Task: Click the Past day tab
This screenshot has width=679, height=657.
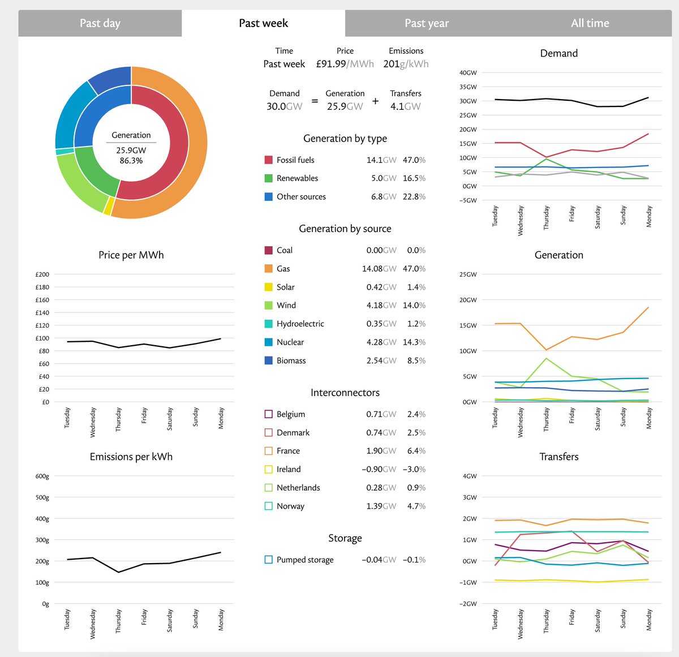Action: pyautogui.click(x=100, y=23)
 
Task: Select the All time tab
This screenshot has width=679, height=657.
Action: pyautogui.click(x=590, y=23)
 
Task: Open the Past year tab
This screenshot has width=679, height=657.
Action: pyautogui.click(x=427, y=23)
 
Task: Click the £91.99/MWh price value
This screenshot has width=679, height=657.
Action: pyautogui.click(x=345, y=64)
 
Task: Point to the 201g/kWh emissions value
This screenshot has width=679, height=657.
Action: pyautogui.click(x=406, y=64)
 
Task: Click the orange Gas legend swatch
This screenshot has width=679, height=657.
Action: pyautogui.click(x=269, y=269)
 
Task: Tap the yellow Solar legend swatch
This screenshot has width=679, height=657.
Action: pyautogui.click(x=269, y=287)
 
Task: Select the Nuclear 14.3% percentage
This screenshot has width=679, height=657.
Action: pyautogui.click(x=416, y=342)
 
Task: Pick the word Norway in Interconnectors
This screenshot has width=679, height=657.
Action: pyautogui.click(x=290, y=506)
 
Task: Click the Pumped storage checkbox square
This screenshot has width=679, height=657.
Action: pyautogui.click(x=269, y=560)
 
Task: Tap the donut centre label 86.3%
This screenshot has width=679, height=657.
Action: pyautogui.click(x=131, y=161)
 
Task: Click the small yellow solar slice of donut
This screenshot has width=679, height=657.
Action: pyautogui.click(x=108, y=207)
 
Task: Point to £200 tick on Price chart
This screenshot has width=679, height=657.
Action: pyautogui.click(x=42, y=274)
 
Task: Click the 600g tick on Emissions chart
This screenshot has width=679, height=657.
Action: pyautogui.click(x=42, y=476)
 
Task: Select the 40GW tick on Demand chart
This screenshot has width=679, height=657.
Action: pyautogui.click(x=468, y=73)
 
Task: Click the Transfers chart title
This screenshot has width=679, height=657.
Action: pyautogui.click(x=558, y=457)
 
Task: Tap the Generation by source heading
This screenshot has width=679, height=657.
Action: pyautogui.click(x=345, y=229)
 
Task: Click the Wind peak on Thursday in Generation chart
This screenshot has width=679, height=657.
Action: pyautogui.click(x=546, y=358)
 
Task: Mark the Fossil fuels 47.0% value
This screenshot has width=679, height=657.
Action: pyautogui.click(x=414, y=160)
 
